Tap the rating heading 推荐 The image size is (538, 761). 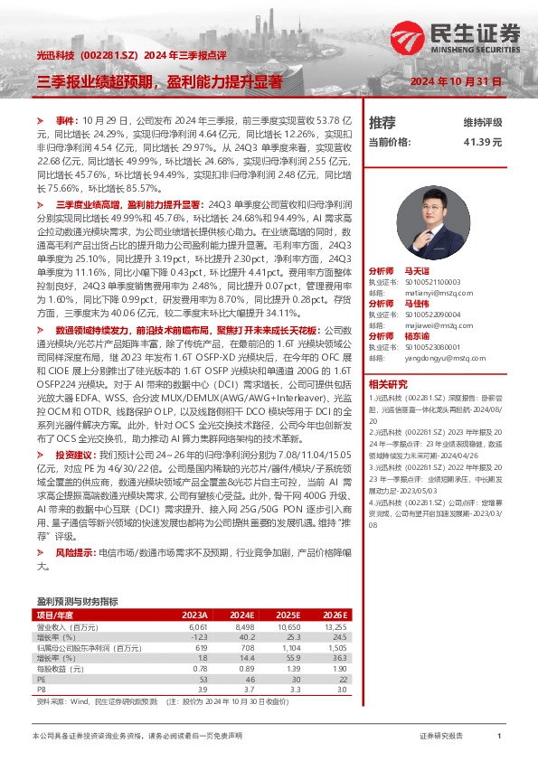click(x=382, y=122)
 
